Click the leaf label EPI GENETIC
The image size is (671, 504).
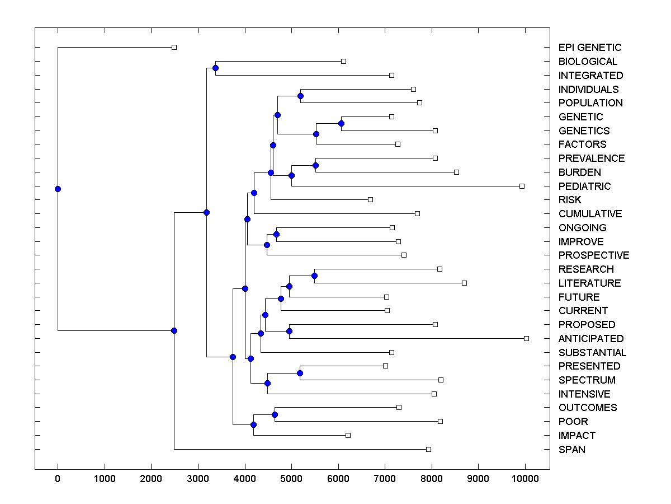click(589, 48)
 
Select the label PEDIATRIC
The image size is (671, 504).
click(584, 186)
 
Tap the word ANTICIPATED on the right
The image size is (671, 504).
click(590, 338)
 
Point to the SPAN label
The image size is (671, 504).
click(571, 449)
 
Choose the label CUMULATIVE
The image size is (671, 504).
click(590, 213)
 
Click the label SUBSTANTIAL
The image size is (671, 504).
click(592, 352)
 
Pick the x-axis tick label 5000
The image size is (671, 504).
click(291, 479)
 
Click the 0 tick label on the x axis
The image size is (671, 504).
click(58, 479)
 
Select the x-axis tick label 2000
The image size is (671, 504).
click(151, 479)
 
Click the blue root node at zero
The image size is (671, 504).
click(58, 189)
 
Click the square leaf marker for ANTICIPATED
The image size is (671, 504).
click(526, 338)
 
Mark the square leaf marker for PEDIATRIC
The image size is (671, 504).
click(522, 186)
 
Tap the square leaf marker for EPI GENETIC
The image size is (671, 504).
click(174, 47)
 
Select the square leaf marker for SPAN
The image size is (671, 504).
click(428, 449)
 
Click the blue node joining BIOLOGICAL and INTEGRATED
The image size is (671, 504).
click(215, 68)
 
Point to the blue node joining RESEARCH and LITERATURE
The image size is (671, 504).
click(314, 276)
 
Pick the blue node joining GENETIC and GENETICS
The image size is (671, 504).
click(341, 123)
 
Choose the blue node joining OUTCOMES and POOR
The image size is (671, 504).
click(275, 414)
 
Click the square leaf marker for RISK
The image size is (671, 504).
click(370, 199)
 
